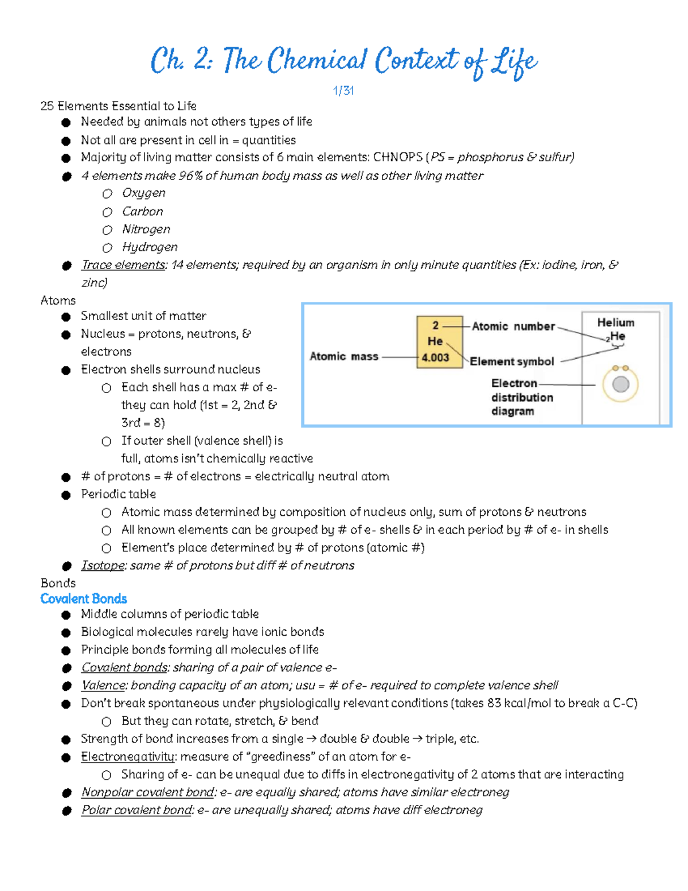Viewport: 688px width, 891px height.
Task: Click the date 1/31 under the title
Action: (343, 91)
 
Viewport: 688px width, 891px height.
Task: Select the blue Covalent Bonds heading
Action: (84, 598)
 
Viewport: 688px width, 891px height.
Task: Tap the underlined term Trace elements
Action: (123, 265)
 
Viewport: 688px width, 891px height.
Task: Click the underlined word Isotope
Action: (103, 565)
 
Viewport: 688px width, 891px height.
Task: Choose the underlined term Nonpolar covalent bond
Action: (148, 792)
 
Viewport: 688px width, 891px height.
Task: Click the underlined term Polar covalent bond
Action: (136, 810)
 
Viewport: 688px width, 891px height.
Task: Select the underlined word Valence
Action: (103, 685)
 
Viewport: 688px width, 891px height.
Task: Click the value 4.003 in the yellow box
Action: (435, 357)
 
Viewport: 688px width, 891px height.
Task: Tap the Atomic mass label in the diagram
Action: (344, 356)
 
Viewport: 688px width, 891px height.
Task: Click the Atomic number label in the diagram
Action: (513, 326)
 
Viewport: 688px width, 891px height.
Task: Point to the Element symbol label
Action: (512, 361)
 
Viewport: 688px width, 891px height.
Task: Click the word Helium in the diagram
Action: (616, 322)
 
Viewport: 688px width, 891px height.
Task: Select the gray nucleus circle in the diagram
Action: (620, 384)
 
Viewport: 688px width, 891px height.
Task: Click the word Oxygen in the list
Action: (144, 193)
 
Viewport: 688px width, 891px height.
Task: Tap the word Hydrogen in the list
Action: (150, 247)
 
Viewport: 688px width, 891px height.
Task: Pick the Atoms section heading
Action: (58, 300)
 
